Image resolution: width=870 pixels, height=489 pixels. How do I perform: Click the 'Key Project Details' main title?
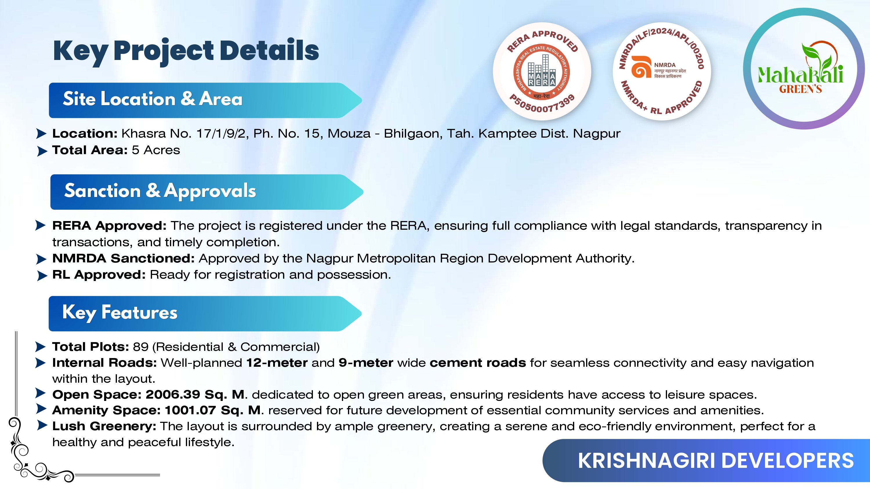[x=186, y=51]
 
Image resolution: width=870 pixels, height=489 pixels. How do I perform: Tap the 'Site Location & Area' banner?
[x=205, y=100]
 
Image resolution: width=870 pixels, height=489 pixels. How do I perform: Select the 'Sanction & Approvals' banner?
[x=207, y=192]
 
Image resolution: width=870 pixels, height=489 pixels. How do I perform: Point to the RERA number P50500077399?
[x=542, y=105]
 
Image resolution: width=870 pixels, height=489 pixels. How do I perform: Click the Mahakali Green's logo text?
[x=800, y=79]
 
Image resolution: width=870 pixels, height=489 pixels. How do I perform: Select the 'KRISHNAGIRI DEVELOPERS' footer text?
[x=716, y=461]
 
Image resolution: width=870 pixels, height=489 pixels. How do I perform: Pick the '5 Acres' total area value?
[x=156, y=150]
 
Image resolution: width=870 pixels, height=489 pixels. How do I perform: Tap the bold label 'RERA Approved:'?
[x=109, y=226]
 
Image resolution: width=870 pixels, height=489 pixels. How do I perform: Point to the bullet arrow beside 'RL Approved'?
[x=42, y=276]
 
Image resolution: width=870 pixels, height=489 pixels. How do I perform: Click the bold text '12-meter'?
[x=277, y=363]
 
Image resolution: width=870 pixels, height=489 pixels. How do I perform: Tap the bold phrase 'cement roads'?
[x=478, y=363]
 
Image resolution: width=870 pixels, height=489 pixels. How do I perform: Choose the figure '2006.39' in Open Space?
[x=173, y=395]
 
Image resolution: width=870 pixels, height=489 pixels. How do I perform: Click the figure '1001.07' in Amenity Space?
[x=191, y=410]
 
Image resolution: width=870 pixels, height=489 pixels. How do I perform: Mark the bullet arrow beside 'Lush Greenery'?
[x=42, y=425]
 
